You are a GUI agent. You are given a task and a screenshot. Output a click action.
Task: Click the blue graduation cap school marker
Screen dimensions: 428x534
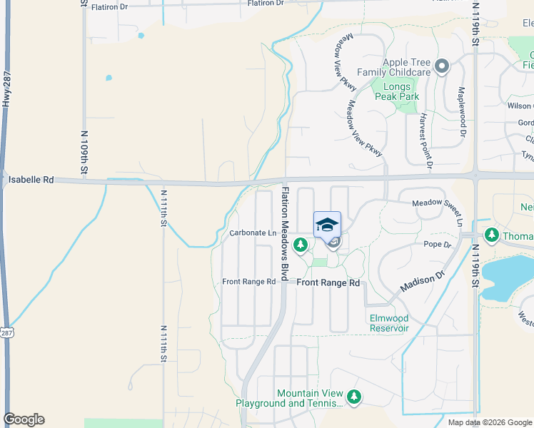327,225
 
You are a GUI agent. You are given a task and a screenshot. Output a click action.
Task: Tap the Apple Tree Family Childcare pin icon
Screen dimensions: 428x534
442,68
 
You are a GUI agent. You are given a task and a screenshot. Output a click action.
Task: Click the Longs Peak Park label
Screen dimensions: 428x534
402,91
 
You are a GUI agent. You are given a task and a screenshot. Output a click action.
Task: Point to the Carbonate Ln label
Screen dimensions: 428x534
253,233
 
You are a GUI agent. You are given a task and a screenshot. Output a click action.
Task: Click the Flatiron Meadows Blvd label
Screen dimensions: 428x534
286,233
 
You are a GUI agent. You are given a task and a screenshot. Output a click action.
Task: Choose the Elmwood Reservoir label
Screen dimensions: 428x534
388,323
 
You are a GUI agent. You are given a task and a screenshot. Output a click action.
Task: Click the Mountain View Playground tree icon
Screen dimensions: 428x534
353,396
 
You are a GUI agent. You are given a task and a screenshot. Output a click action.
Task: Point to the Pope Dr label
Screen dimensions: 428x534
438,245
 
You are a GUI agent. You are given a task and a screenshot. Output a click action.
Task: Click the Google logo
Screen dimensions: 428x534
24,419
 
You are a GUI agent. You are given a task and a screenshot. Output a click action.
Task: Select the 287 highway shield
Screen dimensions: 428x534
8,333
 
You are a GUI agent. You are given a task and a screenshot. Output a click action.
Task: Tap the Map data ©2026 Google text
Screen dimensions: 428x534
490,422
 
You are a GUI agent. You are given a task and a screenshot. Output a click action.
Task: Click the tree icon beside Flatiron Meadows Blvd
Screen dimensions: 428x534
301,246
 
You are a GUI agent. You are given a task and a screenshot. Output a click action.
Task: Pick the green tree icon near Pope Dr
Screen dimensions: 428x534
491,234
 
